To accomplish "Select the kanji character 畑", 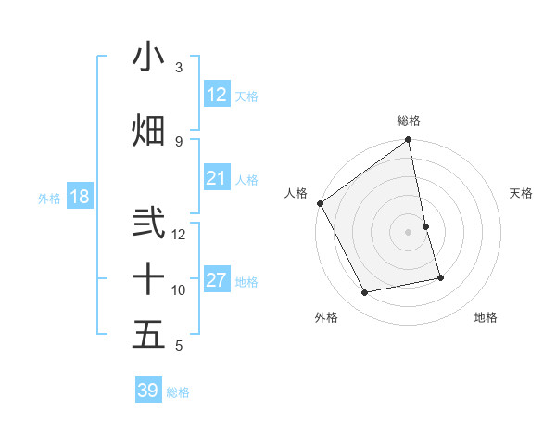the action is click(x=148, y=130).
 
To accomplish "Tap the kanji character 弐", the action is click(x=148, y=224).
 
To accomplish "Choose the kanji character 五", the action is click(x=148, y=334).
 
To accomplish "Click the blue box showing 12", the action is click(x=217, y=95).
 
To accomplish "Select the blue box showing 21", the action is click(x=217, y=178).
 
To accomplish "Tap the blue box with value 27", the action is click(x=217, y=280).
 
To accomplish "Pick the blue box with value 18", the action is click(x=79, y=197).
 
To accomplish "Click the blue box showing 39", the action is click(x=148, y=391).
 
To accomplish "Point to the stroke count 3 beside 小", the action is click(x=179, y=67).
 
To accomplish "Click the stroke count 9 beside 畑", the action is click(x=179, y=141).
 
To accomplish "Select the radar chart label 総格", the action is click(x=409, y=121).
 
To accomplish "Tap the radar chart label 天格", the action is click(x=521, y=193).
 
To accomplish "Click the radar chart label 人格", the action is click(x=297, y=193).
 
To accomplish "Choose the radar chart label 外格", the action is click(x=326, y=317).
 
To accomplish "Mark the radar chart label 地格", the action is click(x=486, y=317).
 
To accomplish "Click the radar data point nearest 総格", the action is click(x=409, y=141).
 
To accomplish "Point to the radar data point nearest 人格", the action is click(x=320, y=203).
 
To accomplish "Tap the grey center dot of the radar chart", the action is click(x=409, y=231).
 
